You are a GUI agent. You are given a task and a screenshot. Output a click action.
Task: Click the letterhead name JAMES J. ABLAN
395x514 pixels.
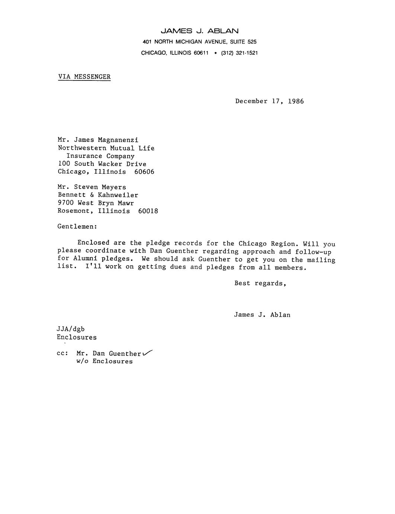[199, 31]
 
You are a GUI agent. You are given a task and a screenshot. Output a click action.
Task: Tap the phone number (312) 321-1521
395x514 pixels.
[240, 53]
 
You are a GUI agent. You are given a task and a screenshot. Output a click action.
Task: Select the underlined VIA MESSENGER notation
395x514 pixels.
[84, 77]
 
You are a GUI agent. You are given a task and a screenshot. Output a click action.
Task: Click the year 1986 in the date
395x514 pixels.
[296, 101]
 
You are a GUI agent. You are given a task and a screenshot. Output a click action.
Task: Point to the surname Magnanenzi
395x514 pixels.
[118, 140]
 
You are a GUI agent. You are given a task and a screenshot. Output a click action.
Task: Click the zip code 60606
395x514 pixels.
[144, 172]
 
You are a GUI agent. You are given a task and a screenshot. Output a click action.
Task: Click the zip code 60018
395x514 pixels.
[148, 211]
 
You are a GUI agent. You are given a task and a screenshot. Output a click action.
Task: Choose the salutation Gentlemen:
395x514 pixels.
[77, 226]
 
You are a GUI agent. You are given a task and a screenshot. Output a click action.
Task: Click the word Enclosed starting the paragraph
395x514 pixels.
[93, 243]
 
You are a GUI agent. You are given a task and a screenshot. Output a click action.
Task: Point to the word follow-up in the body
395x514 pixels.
[313, 251]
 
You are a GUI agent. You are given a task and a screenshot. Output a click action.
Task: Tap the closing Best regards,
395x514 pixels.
[260, 283]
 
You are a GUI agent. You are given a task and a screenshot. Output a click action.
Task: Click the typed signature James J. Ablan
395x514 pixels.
[262, 315]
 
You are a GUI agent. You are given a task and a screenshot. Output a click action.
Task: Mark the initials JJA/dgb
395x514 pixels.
[71, 329]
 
